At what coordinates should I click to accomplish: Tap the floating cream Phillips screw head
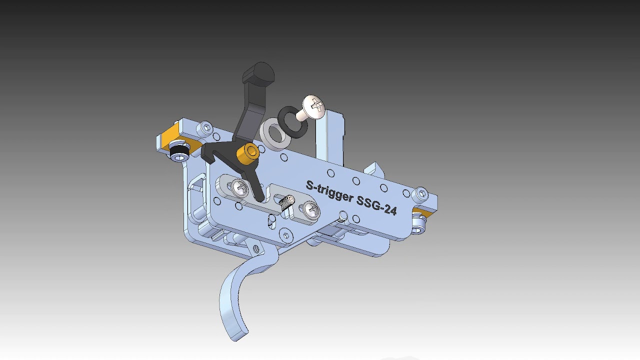tap(314, 106)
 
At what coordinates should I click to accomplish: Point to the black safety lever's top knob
tap(259, 73)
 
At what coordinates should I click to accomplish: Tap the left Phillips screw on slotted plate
tap(239, 188)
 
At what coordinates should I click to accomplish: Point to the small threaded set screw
tap(287, 202)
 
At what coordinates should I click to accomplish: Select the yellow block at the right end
tap(420, 214)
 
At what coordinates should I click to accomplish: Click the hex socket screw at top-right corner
tap(421, 193)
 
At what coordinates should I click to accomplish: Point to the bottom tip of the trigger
tap(239, 335)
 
